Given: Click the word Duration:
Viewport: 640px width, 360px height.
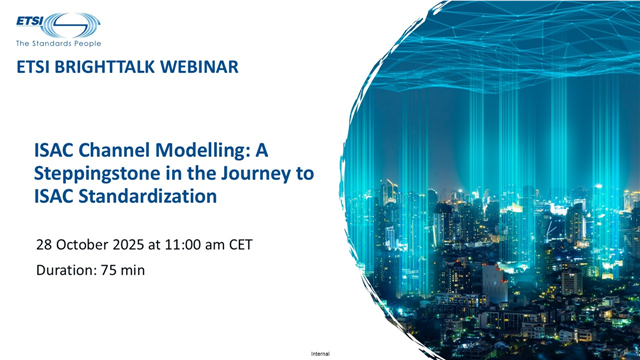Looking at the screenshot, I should [67, 270].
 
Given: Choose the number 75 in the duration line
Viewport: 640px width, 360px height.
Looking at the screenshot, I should [112, 270].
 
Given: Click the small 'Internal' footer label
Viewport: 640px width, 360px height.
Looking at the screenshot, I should [320, 354].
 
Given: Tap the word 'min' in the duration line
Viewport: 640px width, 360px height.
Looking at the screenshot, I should [139, 270].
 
